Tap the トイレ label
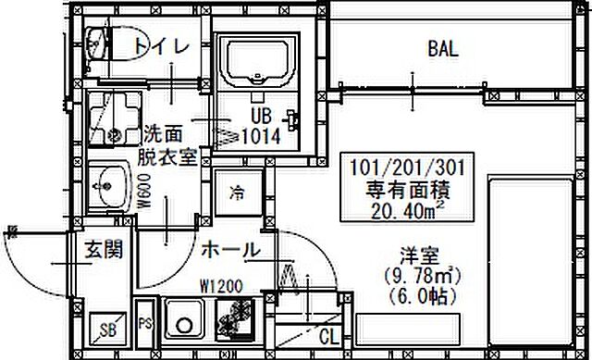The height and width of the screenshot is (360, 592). pyautogui.click(x=161, y=44)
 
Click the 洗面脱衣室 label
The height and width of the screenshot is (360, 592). pyautogui.click(x=166, y=144)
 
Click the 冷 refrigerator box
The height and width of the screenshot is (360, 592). pyautogui.click(x=237, y=193)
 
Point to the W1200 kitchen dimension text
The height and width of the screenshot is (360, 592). pyautogui.click(x=219, y=286)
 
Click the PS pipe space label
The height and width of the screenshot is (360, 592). pyautogui.click(x=145, y=324)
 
